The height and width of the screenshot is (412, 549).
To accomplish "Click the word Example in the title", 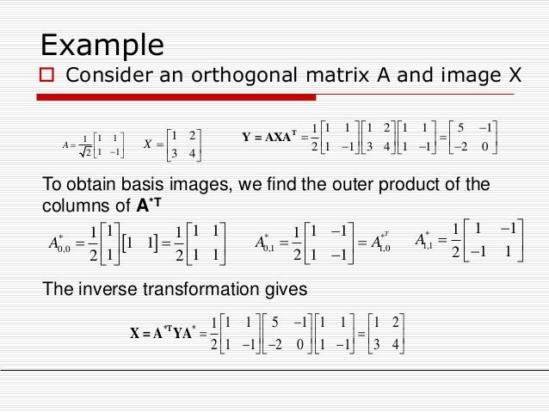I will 103,44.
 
